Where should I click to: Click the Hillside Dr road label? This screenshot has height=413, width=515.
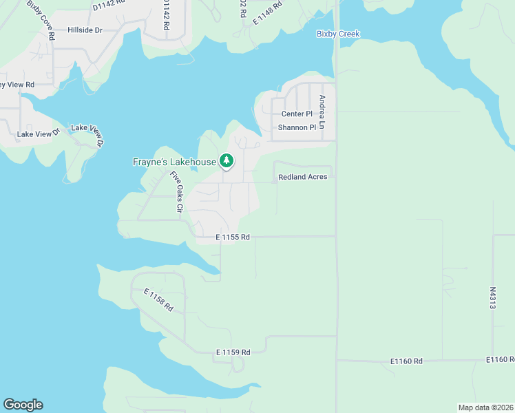click(85, 30)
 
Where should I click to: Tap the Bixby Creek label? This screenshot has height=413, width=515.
click(338, 34)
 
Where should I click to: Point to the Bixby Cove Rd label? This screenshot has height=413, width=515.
click(41, 20)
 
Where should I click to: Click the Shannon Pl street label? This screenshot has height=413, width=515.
click(297, 127)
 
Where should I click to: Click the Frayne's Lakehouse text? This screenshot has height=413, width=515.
click(175, 162)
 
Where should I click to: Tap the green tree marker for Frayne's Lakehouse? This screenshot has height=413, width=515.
click(227, 161)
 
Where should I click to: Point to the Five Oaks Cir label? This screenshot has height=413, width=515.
click(175, 191)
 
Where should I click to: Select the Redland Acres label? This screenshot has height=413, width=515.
click(302, 177)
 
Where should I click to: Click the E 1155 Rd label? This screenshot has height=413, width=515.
click(232, 237)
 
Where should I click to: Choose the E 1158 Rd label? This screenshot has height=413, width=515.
click(158, 300)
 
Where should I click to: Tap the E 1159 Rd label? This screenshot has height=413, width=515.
click(232, 352)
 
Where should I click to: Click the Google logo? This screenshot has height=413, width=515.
click(23, 405)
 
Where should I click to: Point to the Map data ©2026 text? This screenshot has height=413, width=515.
click(486, 407)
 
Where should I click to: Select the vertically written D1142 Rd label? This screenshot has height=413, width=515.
click(166, 14)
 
